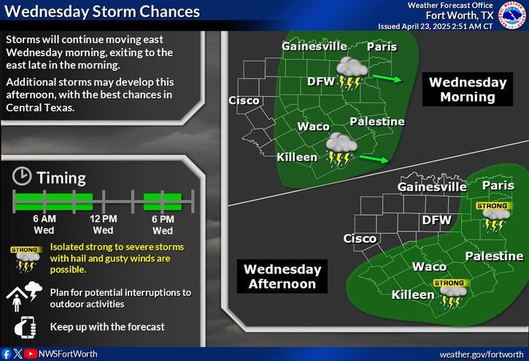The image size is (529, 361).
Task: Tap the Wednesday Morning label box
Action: click(468, 89)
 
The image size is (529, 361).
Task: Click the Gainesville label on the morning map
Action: click(313, 47)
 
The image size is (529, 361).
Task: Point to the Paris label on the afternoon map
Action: click(498, 186)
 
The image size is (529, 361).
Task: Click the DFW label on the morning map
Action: click(320, 80)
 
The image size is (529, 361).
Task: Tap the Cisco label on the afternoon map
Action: click(360, 238)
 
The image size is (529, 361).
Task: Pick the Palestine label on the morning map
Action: click(377, 121)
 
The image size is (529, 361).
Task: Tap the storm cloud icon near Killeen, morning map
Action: click(341, 149)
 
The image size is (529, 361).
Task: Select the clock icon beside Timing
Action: click(23, 177)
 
